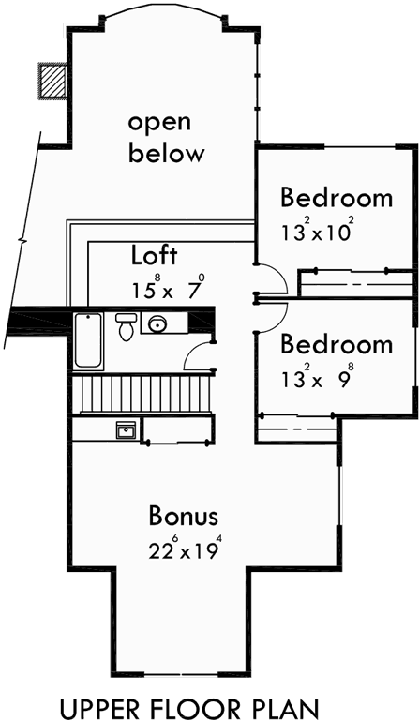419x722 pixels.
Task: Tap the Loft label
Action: [155, 255]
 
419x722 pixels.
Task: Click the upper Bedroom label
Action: [336, 199]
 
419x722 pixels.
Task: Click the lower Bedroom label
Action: [336, 344]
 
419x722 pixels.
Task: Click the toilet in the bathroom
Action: [126, 327]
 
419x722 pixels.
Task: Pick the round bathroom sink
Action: [156, 325]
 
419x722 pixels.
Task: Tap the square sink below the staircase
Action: [126, 430]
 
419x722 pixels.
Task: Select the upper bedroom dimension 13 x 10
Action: [314, 232]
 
